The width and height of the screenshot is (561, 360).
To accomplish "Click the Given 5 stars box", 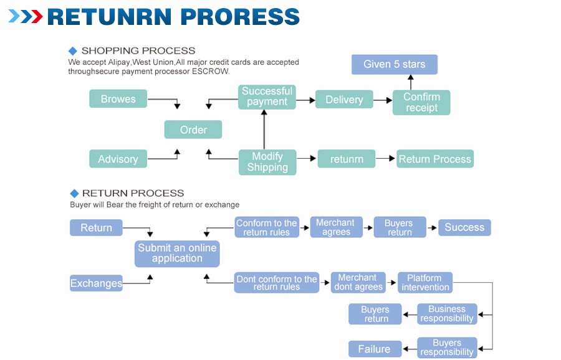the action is click(395, 64).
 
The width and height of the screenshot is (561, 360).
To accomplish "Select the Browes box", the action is click(118, 98).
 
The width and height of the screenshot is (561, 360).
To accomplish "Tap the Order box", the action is click(193, 130).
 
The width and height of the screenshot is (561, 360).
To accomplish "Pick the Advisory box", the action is click(118, 159).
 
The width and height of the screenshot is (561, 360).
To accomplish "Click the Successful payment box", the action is click(267, 97).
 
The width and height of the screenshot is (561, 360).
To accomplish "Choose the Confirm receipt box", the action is click(421, 102).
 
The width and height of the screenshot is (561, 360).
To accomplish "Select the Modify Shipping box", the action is click(267, 162).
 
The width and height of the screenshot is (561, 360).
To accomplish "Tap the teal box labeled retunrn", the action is click(347, 159).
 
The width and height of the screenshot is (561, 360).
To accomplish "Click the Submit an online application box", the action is click(177, 253).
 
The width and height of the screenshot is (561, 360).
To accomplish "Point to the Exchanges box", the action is click(96, 283).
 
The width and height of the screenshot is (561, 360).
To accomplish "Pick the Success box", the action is click(464, 227).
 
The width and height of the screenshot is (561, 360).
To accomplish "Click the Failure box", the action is click(375, 349).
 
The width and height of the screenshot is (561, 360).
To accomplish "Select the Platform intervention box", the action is click(425, 282).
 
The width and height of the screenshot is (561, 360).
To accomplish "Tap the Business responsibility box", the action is click(447, 314).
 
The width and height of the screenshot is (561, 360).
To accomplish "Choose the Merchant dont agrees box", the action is click(358, 282).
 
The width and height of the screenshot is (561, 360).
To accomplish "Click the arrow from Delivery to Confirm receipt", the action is click(383, 100).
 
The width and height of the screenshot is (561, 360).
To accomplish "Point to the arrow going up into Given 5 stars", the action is click(411, 82).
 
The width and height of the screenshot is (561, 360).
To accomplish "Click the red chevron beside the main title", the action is click(37, 16).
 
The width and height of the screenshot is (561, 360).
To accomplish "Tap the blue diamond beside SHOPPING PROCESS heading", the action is click(73, 51).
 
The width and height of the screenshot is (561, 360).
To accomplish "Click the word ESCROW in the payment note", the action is click(211, 71).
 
